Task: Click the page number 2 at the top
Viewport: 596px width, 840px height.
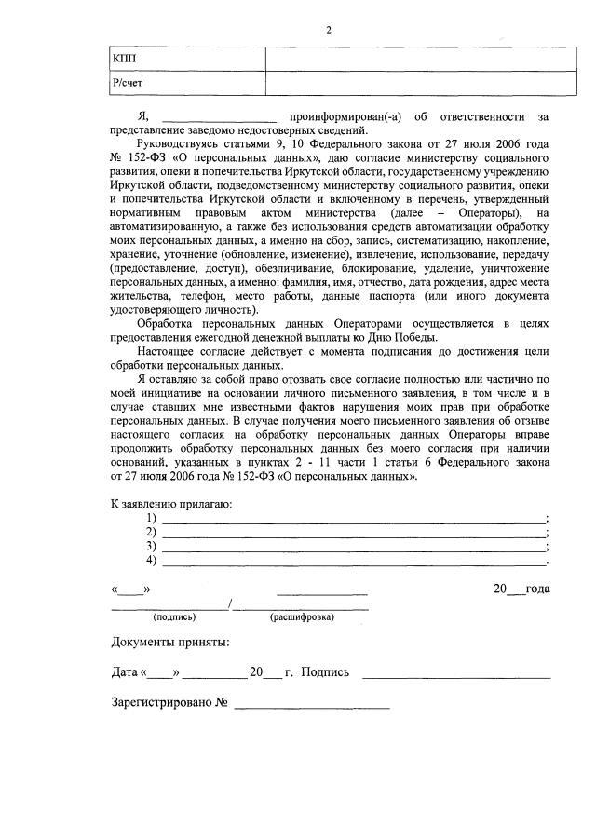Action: pyautogui.click(x=328, y=30)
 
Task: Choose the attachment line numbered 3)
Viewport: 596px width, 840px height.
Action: pyautogui.click(x=354, y=548)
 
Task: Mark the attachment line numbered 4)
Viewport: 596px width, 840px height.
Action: pyautogui.click(x=354, y=562)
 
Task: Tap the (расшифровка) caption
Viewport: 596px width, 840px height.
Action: pyautogui.click(x=302, y=617)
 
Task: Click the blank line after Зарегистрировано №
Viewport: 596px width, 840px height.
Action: pyautogui.click(x=312, y=704)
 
